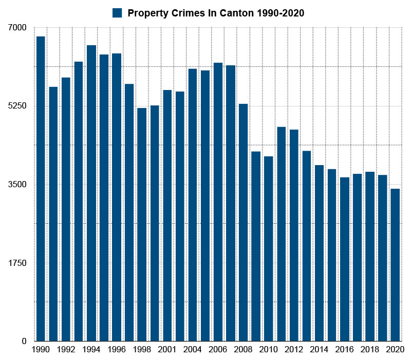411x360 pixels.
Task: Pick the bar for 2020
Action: click(395, 265)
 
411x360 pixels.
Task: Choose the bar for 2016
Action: click(345, 259)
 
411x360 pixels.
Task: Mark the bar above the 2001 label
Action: click(167, 215)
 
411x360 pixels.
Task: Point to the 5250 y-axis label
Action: click(16, 106)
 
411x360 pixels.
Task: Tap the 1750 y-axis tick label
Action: click(16, 263)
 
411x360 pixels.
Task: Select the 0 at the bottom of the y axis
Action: click(24, 341)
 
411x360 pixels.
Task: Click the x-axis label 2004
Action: click(193, 349)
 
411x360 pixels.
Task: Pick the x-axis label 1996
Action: click(117, 349)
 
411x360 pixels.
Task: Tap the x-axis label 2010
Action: click(269, 349)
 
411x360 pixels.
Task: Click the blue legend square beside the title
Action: click(117, 13)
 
